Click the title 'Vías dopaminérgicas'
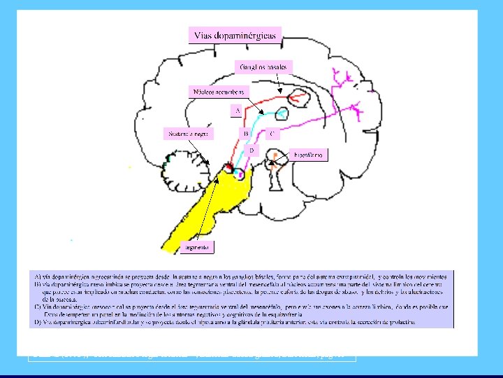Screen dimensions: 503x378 click(235, 34)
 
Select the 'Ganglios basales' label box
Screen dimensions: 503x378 click(264, 66)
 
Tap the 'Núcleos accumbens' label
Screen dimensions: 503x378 click(219, 92)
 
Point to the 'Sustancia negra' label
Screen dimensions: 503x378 click(187, 133)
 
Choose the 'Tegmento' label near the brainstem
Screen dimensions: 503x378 click(198, 247)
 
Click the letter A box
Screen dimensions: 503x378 click(238, 110)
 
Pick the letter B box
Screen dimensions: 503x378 click(246, 132)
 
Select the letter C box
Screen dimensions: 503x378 click(272, 132)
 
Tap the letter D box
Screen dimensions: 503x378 click(252, 150)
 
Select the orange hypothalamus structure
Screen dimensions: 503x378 click(276, 155)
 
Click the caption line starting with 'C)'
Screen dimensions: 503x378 click(238, 306)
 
